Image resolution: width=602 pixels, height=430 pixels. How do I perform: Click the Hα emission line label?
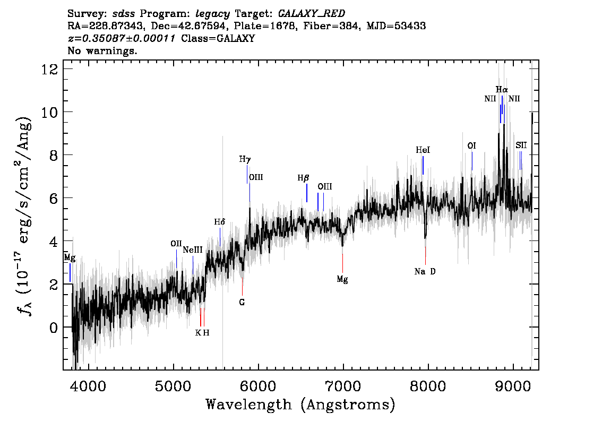coord(502,89)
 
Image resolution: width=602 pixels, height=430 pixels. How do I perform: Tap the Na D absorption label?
coord(425,271)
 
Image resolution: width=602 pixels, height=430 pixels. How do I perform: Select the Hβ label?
coord(303,178)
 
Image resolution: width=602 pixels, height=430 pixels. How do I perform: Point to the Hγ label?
coord(245,159)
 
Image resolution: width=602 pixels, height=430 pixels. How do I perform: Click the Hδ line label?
coord(220,221)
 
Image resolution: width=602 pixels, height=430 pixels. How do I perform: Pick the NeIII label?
coord(193,250)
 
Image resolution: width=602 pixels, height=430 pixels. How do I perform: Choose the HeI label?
coord(423,150)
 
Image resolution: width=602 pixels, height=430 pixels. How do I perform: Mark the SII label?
coord(521,145)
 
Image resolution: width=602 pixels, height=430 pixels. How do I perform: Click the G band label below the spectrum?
coord(242,302)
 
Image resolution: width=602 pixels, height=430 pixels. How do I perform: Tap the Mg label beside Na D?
coord(342,279)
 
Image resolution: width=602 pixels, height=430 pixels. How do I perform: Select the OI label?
coord(471,145)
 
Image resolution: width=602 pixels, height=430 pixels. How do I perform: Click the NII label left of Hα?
coord(490,99)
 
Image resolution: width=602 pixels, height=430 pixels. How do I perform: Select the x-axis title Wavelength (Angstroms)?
coord(300,405)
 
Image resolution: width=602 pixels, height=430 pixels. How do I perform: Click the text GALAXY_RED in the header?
coord(308,13)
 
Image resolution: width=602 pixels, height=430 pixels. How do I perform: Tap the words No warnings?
coord(102,51)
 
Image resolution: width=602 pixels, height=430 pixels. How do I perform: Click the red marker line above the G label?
coord(242,286)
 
